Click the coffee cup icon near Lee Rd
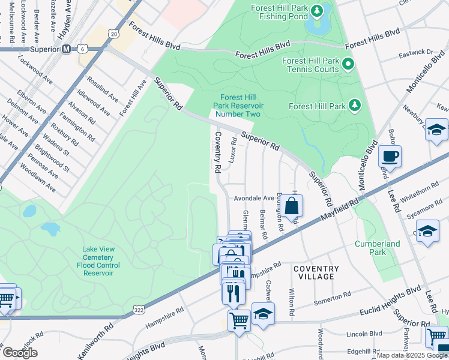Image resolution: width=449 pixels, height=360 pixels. (x=390, y=157)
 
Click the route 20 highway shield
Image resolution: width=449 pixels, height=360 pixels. (x=114, y=34)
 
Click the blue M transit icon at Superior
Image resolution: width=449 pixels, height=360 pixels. (x=67, y=49)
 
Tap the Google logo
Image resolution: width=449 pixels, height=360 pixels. (x=20, y=353)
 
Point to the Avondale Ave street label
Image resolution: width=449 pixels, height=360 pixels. (x=253, y=198)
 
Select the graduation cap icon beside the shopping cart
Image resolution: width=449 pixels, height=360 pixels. (x=263, y=314)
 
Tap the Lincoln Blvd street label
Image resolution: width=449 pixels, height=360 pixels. (x=366, y=333)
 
